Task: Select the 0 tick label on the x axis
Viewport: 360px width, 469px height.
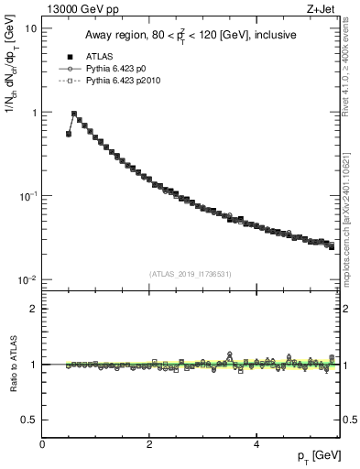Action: [x=42, y=444]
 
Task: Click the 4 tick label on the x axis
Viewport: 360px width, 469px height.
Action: [x=256, y=444]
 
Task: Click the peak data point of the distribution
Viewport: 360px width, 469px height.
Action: [x=74, y=115]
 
